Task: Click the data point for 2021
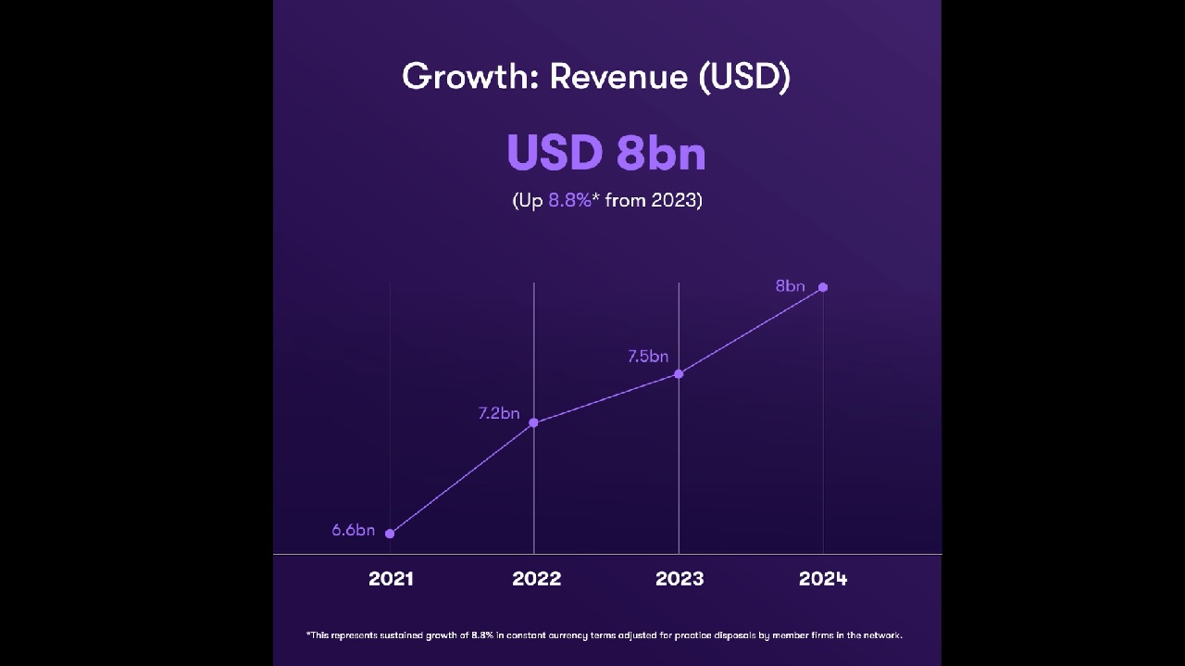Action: (x=390, y=534)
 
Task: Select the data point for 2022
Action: (x=534, y=423)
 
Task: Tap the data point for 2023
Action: (x=679, y=374)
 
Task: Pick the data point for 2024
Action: (x=823, y=287)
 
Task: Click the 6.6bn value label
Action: (x=354, y=531)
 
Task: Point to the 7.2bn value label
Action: (x=499, y=414)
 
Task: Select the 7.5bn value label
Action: (x=647, y=357)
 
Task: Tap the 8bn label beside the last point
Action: (x=790, y=286)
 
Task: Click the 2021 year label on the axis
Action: (x=391, y=579)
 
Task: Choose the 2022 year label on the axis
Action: (x=536, y=579)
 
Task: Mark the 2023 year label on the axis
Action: (x=680, y=579)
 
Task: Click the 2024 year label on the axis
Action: (x=823, y=579)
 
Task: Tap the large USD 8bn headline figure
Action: (x=606, y=153)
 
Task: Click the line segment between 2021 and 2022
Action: (x=462, y=478)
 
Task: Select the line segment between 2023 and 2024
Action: (x=751, y=331)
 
